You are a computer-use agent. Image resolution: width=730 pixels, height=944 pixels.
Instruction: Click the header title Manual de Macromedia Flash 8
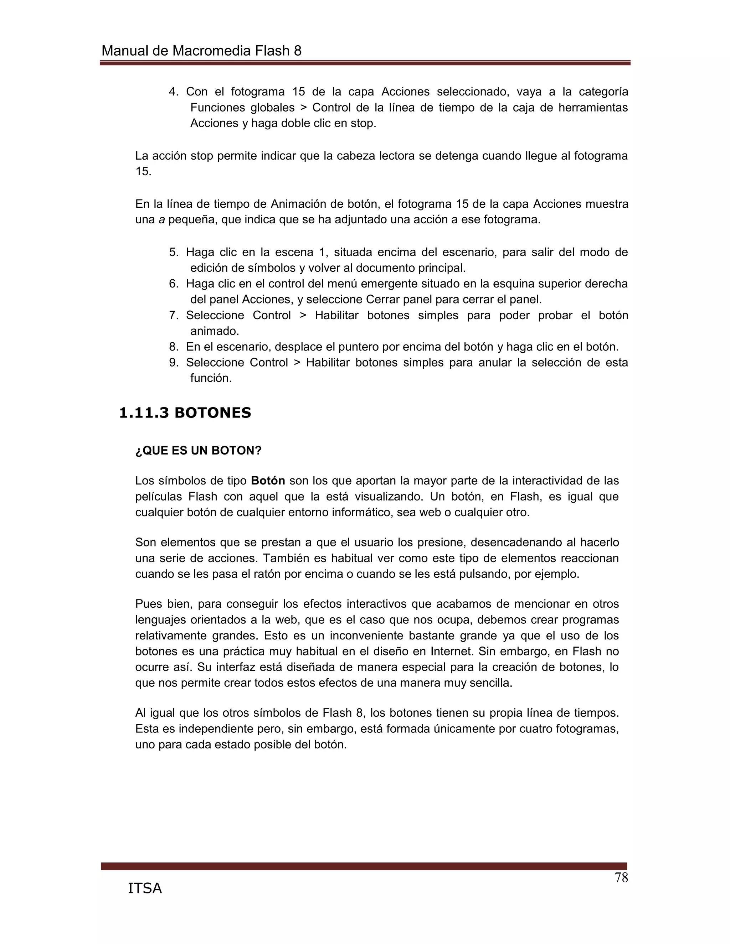tap(201, 51)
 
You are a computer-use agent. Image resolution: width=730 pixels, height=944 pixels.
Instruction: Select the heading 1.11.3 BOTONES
tap(185, 413)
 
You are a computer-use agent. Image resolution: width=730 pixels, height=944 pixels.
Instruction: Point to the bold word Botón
tap(268, 481)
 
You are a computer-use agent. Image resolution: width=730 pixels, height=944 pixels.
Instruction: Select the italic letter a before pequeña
tap(162, 219)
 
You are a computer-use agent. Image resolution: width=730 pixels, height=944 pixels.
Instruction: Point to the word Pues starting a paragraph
tap(148, 604)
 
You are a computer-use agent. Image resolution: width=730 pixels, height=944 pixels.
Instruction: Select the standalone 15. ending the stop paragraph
tap(143, 172)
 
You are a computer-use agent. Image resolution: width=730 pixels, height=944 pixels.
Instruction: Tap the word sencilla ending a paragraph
tap(490, 683)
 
